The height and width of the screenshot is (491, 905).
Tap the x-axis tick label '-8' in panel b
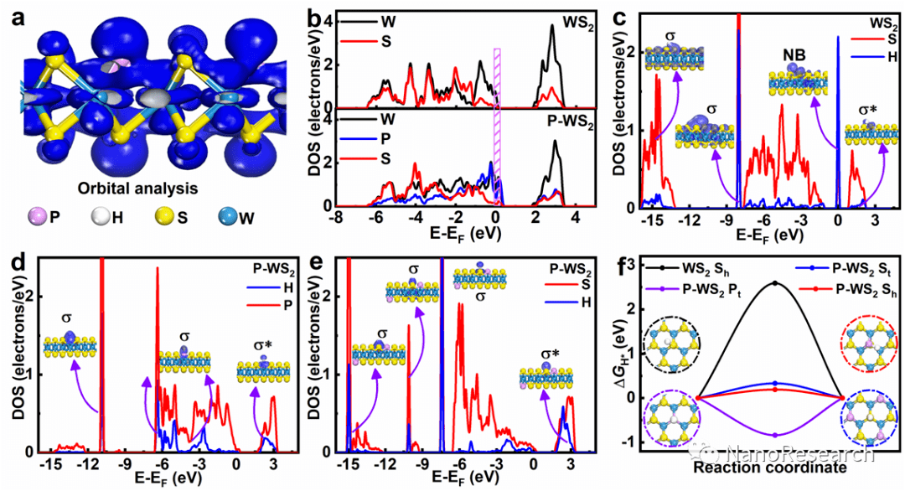tap(337, 212)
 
